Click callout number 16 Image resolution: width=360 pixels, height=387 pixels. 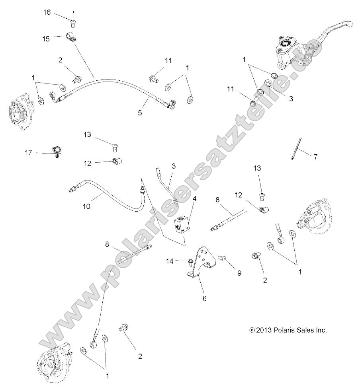click(x=47, y=12)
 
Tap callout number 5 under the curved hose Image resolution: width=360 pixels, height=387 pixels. click(x=140, y=113)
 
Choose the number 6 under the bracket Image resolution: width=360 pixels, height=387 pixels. click(x=204, y=298)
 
